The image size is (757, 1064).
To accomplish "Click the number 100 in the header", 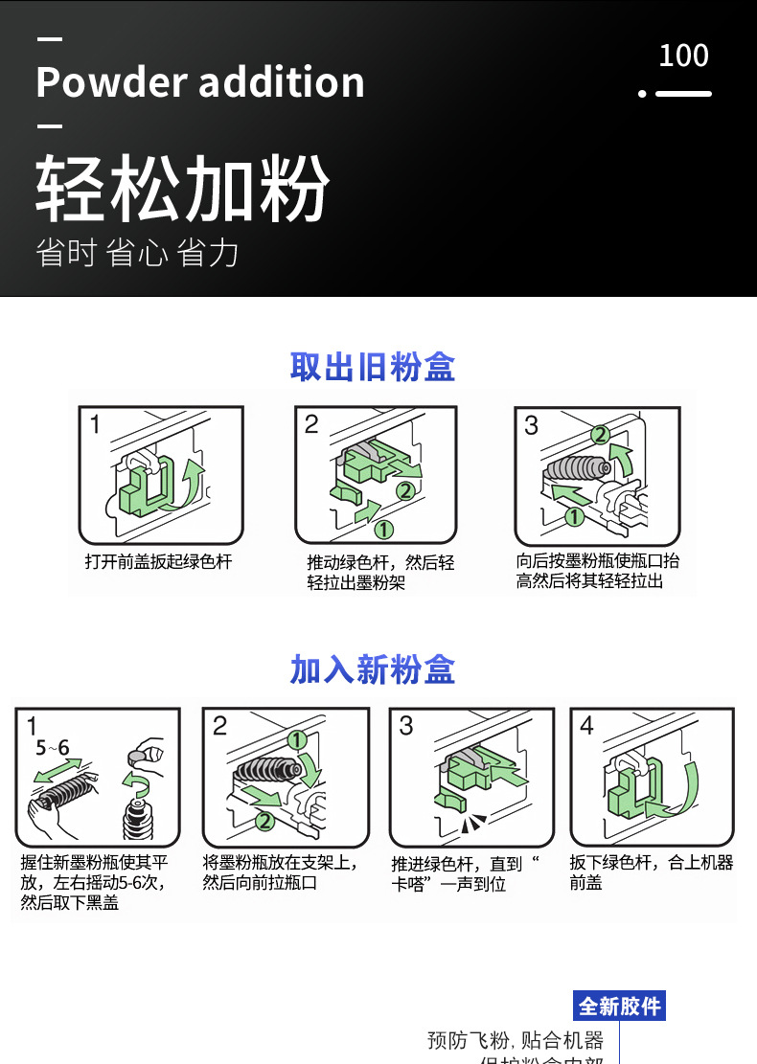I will pos(683,56).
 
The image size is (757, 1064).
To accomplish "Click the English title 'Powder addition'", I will pos(200,82).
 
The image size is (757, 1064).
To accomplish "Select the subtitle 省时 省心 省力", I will pos(137,253).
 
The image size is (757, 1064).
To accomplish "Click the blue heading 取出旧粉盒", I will pos(373,367).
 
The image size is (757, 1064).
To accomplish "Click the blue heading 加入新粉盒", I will pos(373,669).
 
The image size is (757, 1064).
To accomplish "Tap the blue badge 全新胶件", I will pos(619,1007).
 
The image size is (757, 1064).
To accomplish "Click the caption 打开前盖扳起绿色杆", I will pos(159,562).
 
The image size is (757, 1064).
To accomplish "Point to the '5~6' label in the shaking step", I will pos(52,748).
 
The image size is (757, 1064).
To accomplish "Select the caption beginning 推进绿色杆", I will pos(465,873).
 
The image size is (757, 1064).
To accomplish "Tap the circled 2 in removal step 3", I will pos(600,434).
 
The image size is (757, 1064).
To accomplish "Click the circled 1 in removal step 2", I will pos(384,529).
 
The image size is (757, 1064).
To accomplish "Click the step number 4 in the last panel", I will pos(586,726).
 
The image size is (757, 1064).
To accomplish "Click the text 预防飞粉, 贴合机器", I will pos(515,1040).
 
